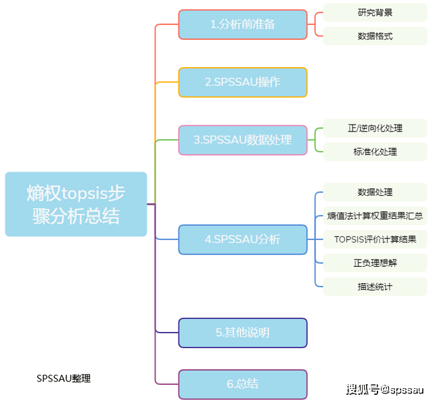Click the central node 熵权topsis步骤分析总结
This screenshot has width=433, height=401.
pos(76,204)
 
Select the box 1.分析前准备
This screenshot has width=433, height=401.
pos(242,24)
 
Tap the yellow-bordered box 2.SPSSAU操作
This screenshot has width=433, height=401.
pos(242,82)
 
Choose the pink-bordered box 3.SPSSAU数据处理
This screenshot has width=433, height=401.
pos(242,140)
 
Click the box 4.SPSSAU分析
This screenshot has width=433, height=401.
pos(242,239)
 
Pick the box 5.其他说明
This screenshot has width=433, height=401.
pos(242,333)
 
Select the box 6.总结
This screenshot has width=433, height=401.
pos(242,384)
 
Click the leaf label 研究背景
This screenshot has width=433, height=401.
pos(375,13)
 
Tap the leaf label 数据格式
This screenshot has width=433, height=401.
pos(375,36)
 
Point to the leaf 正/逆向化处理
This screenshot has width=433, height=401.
pos(375,128)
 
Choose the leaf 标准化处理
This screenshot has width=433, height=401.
pos(375,151)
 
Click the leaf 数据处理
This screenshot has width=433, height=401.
pos(375,193)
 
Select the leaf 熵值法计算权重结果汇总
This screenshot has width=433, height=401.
pos(375,216)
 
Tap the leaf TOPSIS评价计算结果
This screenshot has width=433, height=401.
pos(375,239)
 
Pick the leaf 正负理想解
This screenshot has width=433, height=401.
pos(375,263)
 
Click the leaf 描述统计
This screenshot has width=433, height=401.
pos(375,287)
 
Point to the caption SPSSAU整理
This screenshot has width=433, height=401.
pos(64,379)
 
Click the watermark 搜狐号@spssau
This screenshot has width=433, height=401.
pos(384,389)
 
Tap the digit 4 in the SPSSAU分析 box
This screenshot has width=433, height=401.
pos(208,239)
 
